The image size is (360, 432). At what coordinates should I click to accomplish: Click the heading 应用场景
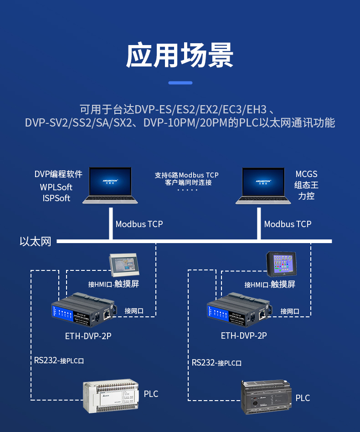tap(180, 55)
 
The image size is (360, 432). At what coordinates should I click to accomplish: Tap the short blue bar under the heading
tap(180, 83)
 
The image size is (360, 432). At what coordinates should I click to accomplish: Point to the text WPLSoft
tap(56, 187)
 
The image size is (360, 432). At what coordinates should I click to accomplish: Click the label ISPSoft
tap(57, 198)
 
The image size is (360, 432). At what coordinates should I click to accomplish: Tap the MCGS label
tap(306, 174)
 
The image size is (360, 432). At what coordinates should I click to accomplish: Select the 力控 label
tap(306, 196)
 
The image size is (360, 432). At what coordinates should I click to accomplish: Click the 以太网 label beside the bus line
tap(36, 241)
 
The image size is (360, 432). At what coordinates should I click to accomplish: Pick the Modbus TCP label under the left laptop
tap(139, 224)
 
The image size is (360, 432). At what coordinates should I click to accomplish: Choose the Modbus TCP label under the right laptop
tap(288, 224)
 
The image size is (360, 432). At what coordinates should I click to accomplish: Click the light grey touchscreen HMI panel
tap(123, 265)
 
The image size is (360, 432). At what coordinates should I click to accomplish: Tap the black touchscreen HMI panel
tap(281, 264)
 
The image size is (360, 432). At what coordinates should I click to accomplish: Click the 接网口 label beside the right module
tap(290, 311)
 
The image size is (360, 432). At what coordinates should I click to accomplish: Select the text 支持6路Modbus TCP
tap(186, 175)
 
